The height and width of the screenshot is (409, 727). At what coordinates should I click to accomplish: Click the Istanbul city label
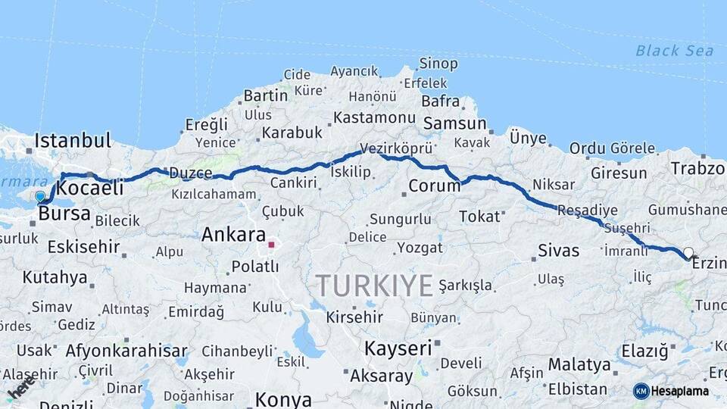(x=73, y=140)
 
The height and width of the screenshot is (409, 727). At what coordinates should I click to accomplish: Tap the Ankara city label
(x=233, y=235)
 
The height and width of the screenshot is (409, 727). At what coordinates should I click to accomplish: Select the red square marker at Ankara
(x=271, y=245)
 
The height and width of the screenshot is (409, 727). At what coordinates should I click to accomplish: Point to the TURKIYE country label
(x=374, y=286)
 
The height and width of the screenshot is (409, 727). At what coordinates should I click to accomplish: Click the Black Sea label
(x=674, y=51)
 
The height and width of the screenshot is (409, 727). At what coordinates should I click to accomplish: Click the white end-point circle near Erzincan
(x=688, y=252)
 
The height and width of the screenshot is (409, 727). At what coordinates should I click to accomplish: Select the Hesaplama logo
(x=672, y=391)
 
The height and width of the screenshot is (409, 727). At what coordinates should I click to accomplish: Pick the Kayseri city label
(x=398, y=348)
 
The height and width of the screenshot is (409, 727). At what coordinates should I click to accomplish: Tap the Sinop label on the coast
(x=438, y=64)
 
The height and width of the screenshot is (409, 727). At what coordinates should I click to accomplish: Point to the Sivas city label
(x=558, y=251)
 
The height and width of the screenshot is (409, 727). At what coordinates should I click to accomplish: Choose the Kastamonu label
(x=375, y=118)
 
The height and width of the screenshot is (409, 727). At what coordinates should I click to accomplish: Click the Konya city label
(x=283, y=399)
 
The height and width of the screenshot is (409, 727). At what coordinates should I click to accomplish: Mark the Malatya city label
(x=579, y=365)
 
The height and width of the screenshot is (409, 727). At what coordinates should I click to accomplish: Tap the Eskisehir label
(x=83, y=247)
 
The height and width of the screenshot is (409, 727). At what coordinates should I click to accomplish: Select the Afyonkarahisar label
(x=126, y=351)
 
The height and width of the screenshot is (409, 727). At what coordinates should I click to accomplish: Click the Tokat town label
(x=480, y=217)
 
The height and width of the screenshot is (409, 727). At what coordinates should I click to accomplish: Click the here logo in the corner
(x=20, y=387)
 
